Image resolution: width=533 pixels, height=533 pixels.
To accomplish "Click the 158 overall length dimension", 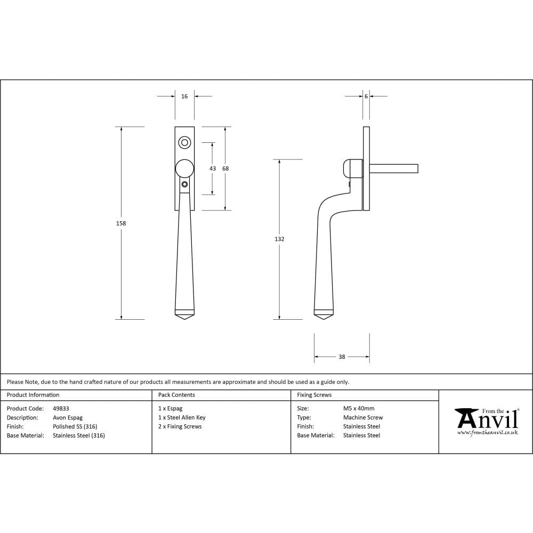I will point(121,223).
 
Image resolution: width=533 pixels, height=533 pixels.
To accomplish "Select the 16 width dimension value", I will point(184,96).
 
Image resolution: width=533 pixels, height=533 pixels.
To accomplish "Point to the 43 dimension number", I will point(213,168).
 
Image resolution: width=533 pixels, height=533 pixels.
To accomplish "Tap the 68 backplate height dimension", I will point(225,168).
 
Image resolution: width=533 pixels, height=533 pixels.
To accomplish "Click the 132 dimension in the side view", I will point(279,239).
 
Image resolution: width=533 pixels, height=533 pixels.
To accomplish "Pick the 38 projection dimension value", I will point(342,357).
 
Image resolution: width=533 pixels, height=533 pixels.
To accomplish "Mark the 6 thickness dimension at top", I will point(366,96).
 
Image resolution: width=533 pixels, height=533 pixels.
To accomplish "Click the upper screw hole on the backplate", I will point(184,142).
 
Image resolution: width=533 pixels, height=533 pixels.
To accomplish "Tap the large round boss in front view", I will point(184,168).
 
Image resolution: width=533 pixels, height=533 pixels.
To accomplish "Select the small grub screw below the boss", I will point(184,184).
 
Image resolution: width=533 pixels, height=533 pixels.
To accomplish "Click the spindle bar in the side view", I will point(393,168).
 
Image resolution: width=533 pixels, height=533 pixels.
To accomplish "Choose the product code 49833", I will point(61,409).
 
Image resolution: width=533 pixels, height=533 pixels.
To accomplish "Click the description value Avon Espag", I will point(68,418).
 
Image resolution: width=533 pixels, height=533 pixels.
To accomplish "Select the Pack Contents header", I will point(176,395).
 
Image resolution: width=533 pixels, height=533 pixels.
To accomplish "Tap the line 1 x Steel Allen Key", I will point(182,418).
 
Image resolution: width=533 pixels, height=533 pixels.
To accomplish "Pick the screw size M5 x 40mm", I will point(359,409).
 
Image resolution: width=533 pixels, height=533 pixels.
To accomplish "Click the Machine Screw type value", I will point(362,418).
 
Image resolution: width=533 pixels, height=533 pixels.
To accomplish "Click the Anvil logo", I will point(487,418).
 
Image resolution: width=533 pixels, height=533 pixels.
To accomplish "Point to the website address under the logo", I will point(487,433).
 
